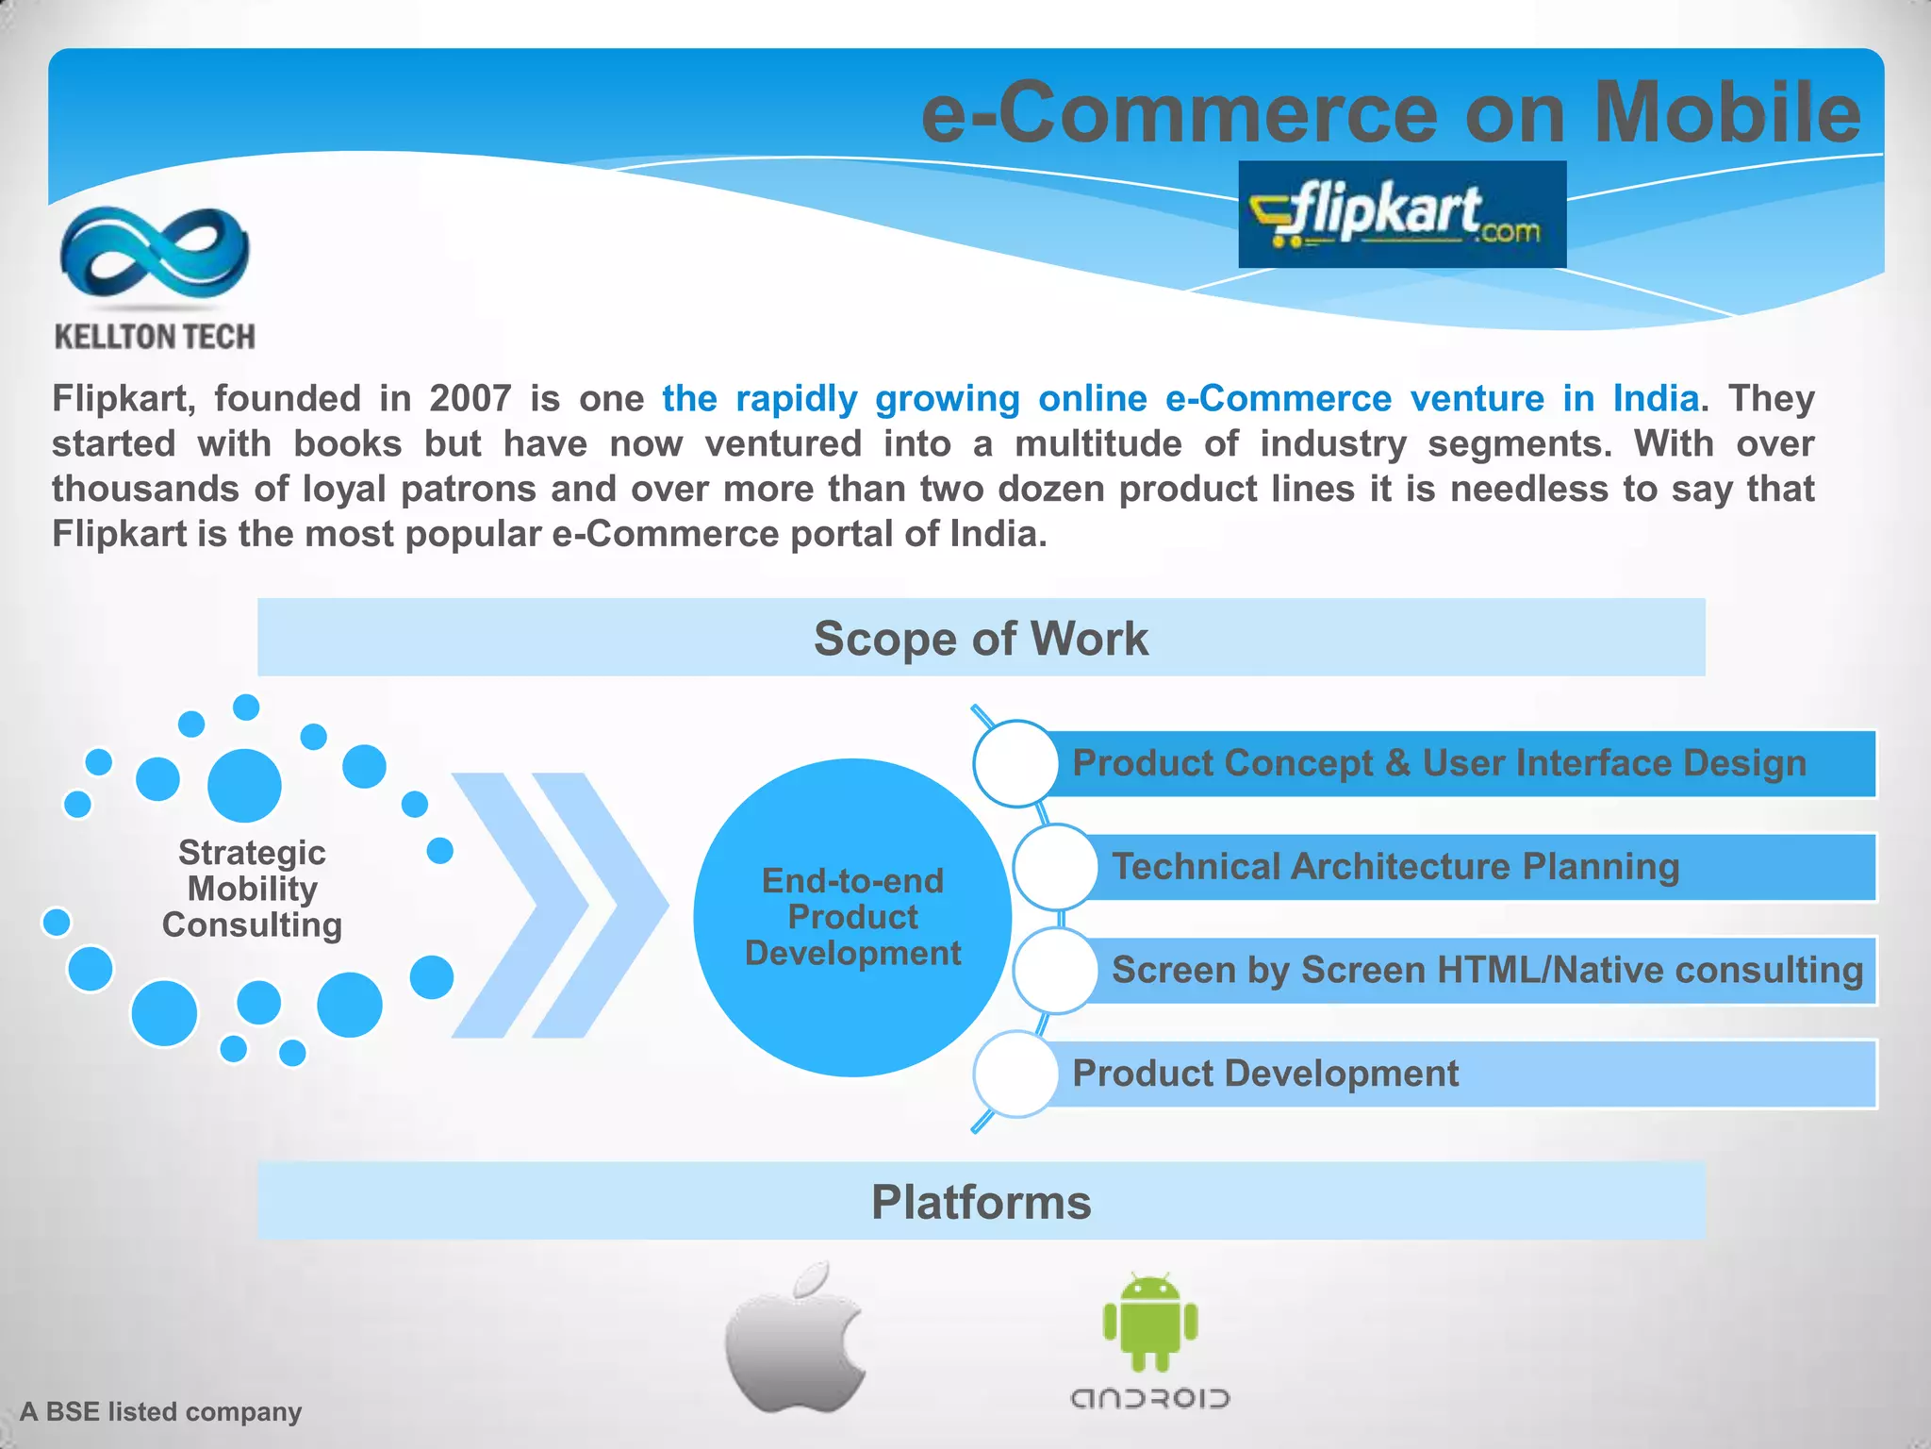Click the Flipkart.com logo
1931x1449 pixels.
click(1401, 214)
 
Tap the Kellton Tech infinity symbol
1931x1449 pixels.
click(155, 253)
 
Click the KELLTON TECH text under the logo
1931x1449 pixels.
click(155, 337)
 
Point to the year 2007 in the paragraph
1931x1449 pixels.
click(470, 398)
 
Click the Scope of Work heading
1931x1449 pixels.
click(981, 639)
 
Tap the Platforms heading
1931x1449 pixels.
click(981, 1202)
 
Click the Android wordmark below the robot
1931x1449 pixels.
click(1150, 1398)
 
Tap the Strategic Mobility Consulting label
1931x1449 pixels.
click(252, 889)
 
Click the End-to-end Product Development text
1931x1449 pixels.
click(852, 917)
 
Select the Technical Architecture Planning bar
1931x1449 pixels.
click(1480, 867)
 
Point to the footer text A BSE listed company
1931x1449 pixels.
click(161, 1411)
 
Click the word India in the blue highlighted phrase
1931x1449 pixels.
click(1655, 398)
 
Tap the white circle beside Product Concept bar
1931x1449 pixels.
click(1015, 763)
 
